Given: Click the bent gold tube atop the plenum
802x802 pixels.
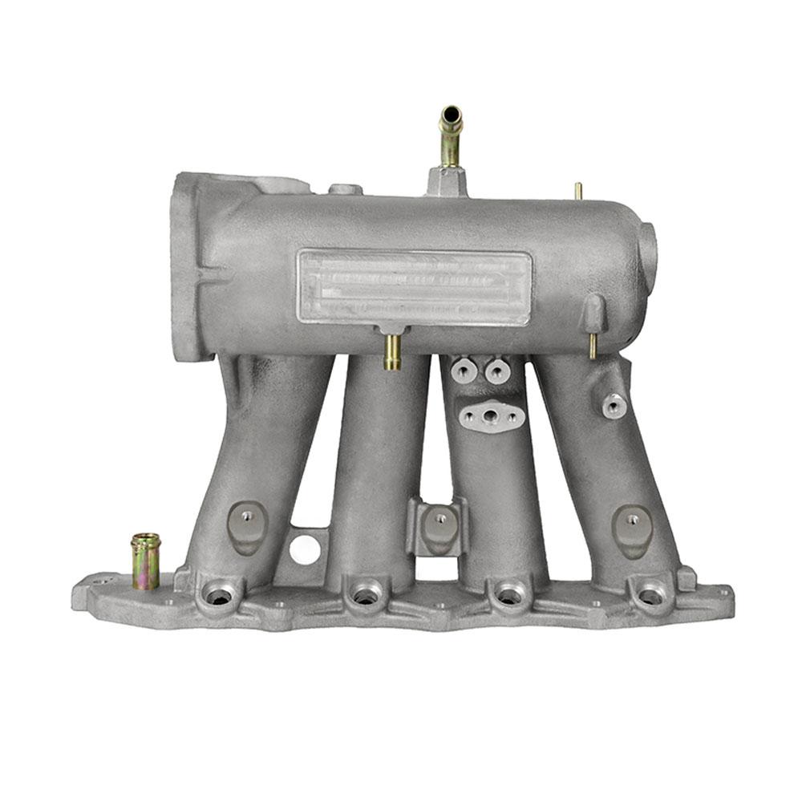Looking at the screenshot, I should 451,136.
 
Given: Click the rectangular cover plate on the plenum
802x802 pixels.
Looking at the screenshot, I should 414,287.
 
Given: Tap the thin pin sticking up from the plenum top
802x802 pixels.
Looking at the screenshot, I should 577,191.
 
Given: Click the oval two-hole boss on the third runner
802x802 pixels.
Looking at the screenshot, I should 492,415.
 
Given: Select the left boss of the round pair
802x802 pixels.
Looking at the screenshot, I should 464,371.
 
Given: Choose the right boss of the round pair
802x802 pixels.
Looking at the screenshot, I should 497,371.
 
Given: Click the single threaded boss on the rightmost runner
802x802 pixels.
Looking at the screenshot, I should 614,406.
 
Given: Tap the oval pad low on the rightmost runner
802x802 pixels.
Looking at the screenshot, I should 632,530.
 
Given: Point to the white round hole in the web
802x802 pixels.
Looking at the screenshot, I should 305,548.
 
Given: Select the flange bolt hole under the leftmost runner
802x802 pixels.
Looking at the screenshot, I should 219,595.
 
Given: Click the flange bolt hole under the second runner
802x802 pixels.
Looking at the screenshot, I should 365,596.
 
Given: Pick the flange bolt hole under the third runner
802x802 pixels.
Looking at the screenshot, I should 508,596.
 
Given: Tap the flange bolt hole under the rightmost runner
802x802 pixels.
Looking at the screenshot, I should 650,596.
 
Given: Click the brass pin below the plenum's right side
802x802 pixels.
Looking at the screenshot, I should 593,345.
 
